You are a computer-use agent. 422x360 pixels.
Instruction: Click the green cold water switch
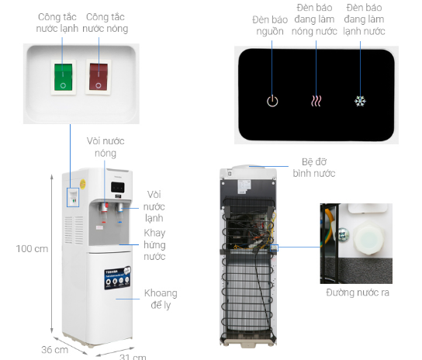[x=64, y=77]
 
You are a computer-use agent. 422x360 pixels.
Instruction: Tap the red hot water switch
[x=99, y=77]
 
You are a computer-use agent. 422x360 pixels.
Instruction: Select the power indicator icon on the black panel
[x=272, y=101]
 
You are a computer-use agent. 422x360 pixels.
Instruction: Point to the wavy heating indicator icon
[x=316, y=101]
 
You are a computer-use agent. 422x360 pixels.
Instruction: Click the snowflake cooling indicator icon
[x=360, y=101]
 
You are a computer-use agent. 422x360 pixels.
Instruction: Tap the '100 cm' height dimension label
[x=32, y=249]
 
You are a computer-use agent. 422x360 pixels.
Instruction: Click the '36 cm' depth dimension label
[x=54, y=350]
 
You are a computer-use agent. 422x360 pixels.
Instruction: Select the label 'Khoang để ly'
[x=161, y=299]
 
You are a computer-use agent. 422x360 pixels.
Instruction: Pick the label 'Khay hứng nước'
[x=154, y=244]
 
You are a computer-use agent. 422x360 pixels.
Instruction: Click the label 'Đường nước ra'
[x=358, y=292]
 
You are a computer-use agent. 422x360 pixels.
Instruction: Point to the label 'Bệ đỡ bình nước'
[x=314, y=168]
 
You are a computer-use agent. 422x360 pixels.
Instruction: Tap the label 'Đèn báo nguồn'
[x=270, y=26]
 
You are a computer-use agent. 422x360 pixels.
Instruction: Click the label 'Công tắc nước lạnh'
[x=57, y=22]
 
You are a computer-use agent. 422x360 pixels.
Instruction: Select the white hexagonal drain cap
[x=368, y=237]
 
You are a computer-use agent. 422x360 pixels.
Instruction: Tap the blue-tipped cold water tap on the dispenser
[x=119, y=208]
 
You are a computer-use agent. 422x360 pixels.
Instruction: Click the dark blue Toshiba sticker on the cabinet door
[x=118, y=278]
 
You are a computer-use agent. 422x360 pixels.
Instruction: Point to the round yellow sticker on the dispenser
[x=83, y=184]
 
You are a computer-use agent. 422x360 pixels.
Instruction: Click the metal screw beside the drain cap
[x=342, y=234]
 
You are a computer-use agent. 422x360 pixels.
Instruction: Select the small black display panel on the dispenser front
[x=118, y=187]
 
